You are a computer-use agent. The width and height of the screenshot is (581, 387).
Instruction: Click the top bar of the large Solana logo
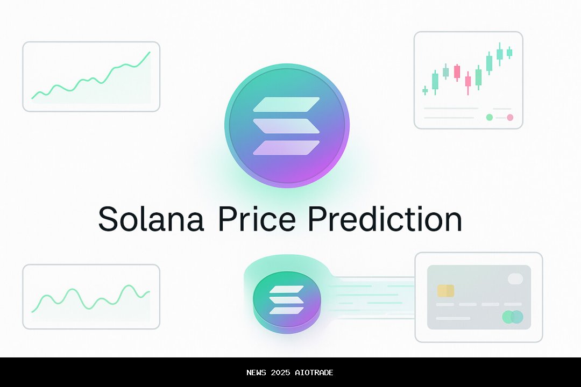(286, 105)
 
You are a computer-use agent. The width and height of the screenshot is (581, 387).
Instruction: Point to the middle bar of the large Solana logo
(286, 126)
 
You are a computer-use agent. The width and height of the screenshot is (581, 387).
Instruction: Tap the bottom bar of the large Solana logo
(286, 148)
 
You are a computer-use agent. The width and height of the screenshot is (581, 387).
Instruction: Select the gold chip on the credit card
(445, 291)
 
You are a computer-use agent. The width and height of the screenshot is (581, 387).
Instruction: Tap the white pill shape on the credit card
(515, 278)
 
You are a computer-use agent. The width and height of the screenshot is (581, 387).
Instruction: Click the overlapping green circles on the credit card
(512, 317)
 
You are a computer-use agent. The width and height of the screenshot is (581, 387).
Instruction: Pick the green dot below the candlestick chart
(489, 117)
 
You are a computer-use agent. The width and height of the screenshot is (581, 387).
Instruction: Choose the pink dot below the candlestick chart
(510, 117)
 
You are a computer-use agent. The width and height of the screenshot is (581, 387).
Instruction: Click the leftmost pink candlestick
(457, 71)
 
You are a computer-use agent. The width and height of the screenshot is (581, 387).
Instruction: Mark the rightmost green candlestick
(509, 52)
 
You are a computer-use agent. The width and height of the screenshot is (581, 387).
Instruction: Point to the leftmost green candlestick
(425, 91)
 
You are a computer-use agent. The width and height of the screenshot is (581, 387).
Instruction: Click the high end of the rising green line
(150, 53)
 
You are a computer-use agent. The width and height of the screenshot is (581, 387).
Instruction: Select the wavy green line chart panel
(91, 296)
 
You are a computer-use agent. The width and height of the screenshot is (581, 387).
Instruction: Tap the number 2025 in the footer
(283, 372)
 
